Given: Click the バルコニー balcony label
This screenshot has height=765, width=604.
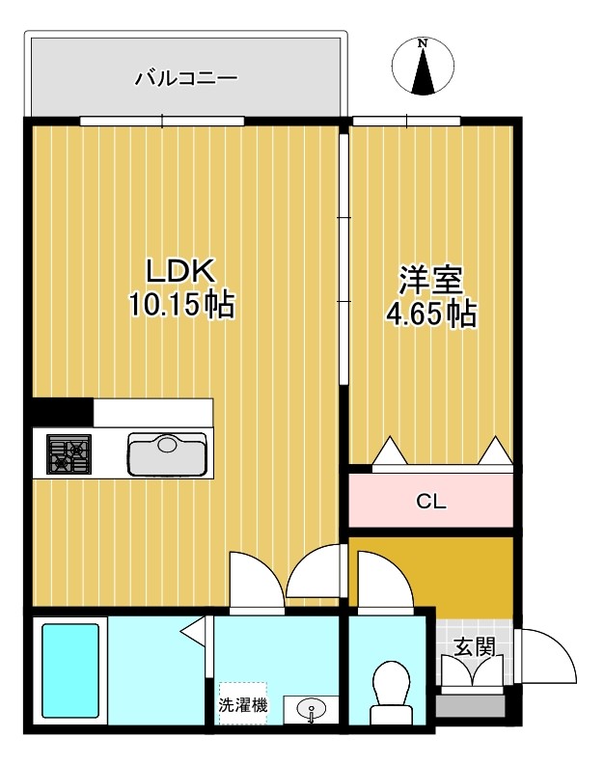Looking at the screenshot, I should (x=185, y=77).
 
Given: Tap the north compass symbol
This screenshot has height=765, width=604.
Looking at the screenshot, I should (x=423, y=68).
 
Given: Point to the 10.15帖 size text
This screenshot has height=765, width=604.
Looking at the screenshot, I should (x=180, y=306).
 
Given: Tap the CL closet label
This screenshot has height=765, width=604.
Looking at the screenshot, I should (x=430, y=502).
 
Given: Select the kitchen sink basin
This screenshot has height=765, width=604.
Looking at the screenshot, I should (x=168, y=451).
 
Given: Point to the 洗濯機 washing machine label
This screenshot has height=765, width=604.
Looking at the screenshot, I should (x=242, y=704).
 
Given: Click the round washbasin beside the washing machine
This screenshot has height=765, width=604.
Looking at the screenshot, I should (x=312, y=710).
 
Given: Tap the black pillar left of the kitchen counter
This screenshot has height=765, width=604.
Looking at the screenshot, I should (x=62, y=411).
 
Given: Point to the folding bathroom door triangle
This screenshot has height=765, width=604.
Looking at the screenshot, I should (x=195, y=632).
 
